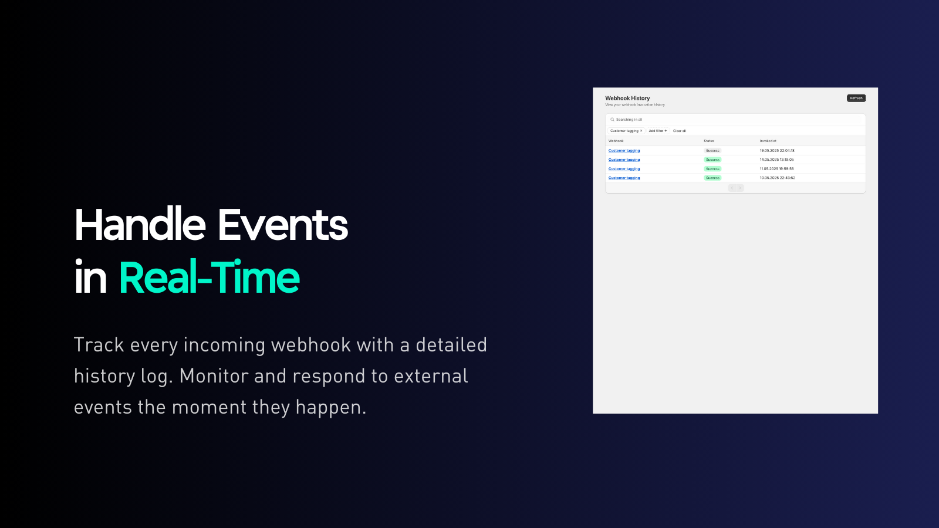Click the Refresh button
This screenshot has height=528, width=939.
pyautogui.click(x=856, y=98)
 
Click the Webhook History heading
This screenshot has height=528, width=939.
pyautogui.click(x=627, y=98)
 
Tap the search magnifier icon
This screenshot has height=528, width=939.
pyautogui.click(x=612, y=120)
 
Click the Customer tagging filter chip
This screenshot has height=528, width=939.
pyautogui.click(x=624, y=131)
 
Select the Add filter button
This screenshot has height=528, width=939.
pyautogui.click(x=657, y=131)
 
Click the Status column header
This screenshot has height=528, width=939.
pyautogui.click(x=709, y=141)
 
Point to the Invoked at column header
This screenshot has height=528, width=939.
pyautogui.click(x=768, y=141)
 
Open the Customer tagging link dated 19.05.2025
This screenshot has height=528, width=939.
pyautogui.click(x=624, y=151)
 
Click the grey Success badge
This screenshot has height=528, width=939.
pyautogui.click(x=712, y=151)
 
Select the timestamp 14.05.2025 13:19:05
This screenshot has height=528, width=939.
pyautogui.click(x=776, y=160)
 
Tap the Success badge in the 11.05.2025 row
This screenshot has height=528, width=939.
pyautogui.click(x=712, y=169)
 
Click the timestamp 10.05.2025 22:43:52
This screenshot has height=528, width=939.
pyautogui.click(x=777, y=178)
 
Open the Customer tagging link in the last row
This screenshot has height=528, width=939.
pyautogui.click(x=624, y=178)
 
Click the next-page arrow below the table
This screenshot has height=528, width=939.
pyautogui.click(x=740, y=188)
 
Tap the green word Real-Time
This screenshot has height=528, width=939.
pyautogui.click(x=209, y=277)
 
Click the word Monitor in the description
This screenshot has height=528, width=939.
pyautogui.click(x=214, y=376)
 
